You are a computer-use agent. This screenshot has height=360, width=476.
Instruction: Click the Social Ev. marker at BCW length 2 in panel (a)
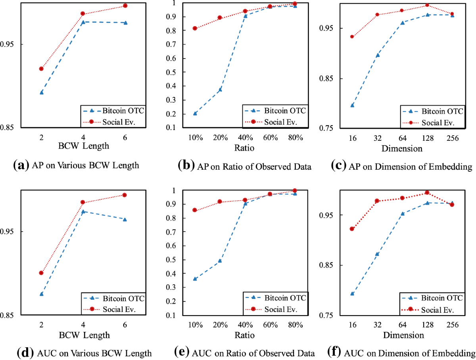(41, 69)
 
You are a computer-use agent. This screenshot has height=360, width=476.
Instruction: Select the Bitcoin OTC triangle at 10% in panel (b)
(195, 113)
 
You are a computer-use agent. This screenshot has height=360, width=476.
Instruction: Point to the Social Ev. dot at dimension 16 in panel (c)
(352, 36)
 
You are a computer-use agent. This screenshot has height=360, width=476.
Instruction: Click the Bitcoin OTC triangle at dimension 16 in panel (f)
(352, 294)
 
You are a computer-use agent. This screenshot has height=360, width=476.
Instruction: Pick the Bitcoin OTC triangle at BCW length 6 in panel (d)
(125, 219)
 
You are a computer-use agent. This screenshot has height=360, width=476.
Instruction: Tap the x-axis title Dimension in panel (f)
(403, 335)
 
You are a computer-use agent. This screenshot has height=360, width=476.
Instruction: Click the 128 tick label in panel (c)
(427, 138)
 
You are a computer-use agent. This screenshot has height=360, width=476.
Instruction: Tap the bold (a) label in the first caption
(20, 165)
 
